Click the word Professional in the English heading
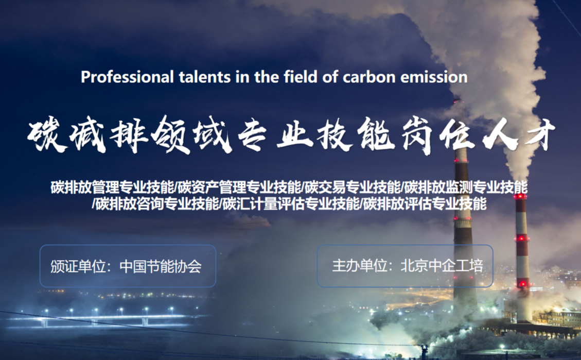[127, 77]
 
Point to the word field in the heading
[300, 77]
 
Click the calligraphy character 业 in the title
[294, 134]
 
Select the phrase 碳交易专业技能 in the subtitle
[352, 187]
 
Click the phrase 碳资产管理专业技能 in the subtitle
[239, 187]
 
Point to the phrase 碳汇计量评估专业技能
[291, 204]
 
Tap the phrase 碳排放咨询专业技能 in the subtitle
[157, 204]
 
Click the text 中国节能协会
[161, 266]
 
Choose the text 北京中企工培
[442, 265]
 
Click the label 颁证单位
[78, 266]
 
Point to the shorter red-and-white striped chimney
[522, 256]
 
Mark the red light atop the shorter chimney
[520, 196]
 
